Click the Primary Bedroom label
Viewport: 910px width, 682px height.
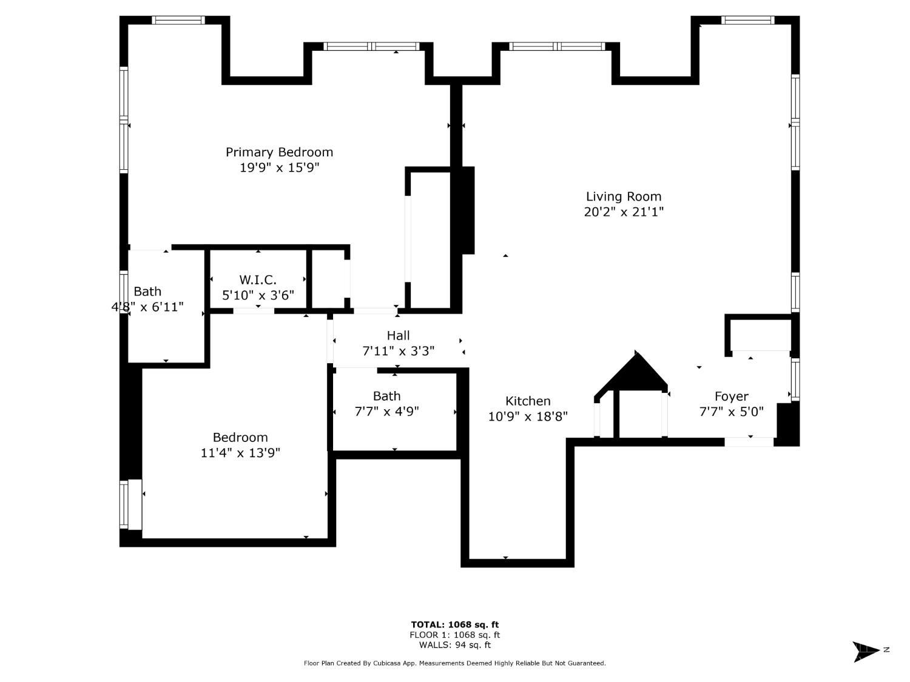point(279,152)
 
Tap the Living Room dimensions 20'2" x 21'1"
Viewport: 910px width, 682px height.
point(624,212)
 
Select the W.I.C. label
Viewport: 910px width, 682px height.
point(258,279)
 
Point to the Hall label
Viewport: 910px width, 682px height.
point(398,335)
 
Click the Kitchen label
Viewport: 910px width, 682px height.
point(528,401)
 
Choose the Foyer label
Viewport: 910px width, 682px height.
point(731,396)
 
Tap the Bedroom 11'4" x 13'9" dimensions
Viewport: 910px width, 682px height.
point(240,453)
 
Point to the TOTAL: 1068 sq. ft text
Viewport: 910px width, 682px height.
point(454,624)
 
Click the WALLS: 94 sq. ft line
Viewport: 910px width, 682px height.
point(454,645)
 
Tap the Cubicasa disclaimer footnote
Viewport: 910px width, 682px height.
point(454,663)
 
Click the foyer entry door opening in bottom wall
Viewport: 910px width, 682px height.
point(749,442)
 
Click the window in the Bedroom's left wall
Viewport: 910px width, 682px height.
point(124,504)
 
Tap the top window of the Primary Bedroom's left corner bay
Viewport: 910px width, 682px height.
point(178,20)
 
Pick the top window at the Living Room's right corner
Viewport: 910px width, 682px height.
point(747,20)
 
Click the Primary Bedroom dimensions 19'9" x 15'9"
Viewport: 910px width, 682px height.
point(279,168)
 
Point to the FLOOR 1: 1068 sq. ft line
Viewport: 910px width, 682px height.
point(454,635)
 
